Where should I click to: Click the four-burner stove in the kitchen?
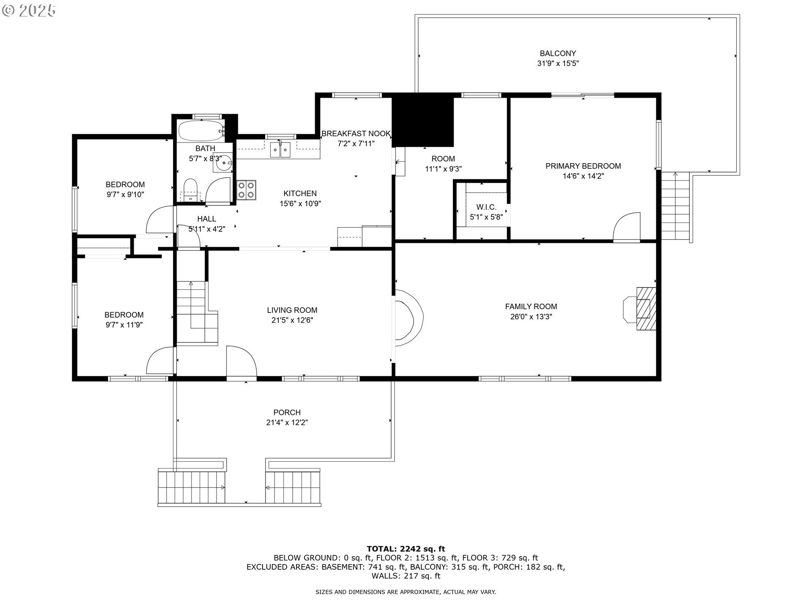246,189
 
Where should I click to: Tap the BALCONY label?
557,54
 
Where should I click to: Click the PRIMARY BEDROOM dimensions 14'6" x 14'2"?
583,176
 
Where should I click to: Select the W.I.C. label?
486,207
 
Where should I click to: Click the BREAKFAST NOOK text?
356,134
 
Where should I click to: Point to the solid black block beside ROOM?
423,121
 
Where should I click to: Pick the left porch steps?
192,486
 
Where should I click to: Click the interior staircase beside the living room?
197,313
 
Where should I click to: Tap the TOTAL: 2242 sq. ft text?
406,549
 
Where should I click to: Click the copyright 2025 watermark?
29,11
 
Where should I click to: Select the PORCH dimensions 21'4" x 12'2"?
287,422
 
